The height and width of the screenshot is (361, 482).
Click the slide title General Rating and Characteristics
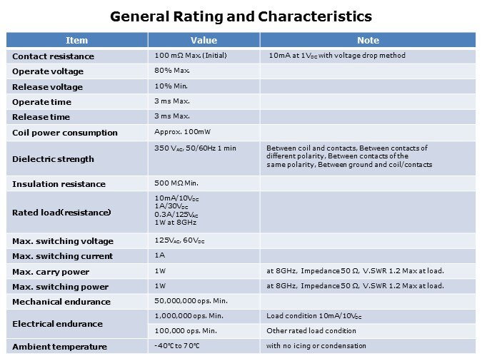coord(241,16)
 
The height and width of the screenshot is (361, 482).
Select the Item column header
coord(76,41)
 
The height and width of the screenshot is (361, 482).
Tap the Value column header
coord(204,41)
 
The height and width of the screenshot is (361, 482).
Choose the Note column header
coord(368,41)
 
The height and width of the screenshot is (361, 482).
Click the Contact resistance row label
coord(53,56)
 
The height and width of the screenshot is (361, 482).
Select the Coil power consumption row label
coord(65,133)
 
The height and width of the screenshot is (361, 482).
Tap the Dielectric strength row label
coord(53,159)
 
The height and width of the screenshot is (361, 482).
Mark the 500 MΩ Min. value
coord(176,183)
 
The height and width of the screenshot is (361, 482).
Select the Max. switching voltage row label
coord(63,241)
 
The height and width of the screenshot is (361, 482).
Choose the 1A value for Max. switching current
coord(159,255)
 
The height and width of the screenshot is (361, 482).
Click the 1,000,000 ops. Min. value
coord(189,316)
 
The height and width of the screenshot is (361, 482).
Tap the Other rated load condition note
coord(311,331)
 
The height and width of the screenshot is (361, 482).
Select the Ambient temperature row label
coord(59,347)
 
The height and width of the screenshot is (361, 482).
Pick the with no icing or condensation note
coord(316,346)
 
